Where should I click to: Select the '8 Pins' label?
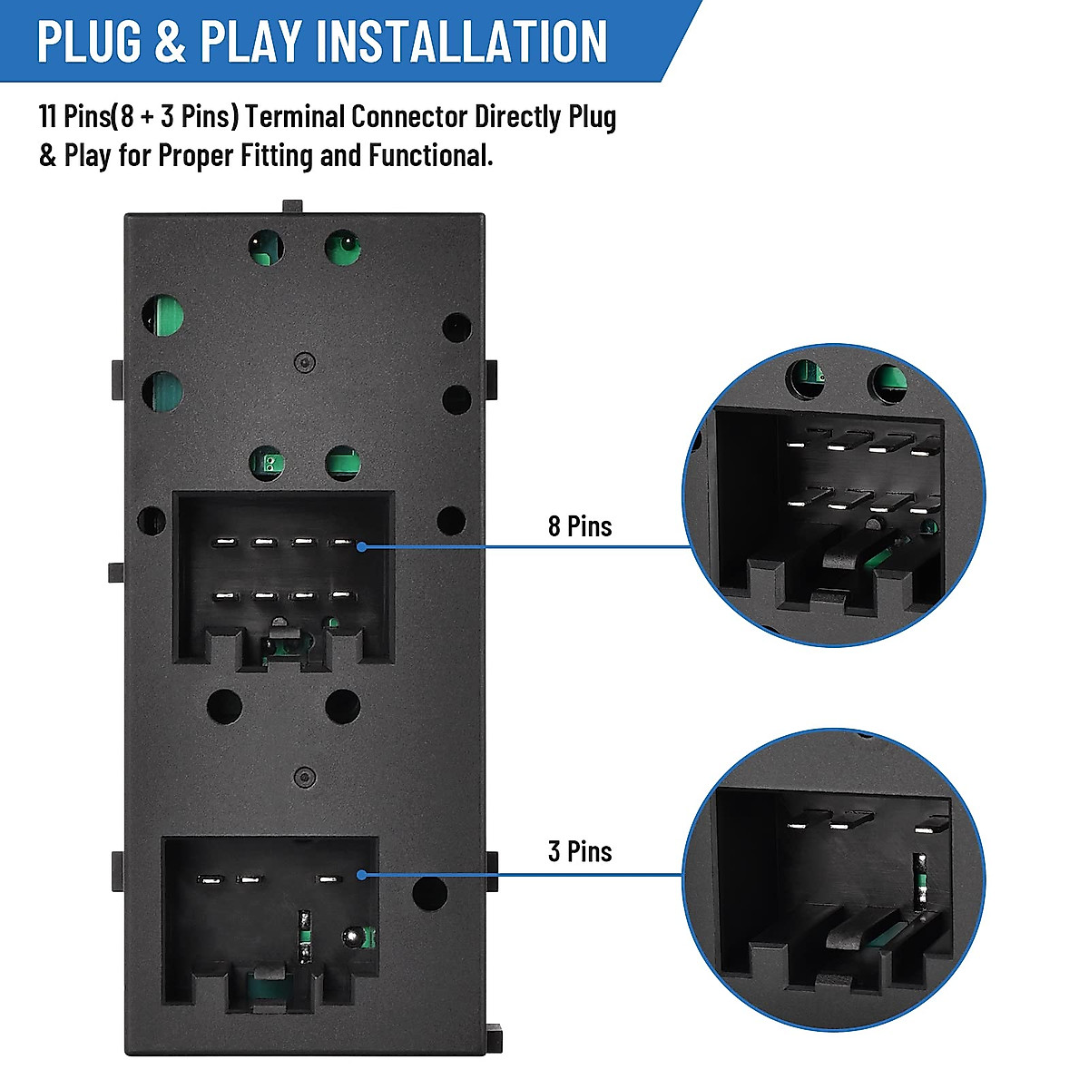580,526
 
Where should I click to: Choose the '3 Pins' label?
580,851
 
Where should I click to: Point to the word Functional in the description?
430,156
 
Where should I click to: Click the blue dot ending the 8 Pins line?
361,546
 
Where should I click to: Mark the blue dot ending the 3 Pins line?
361,875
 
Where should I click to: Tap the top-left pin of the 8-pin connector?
222,544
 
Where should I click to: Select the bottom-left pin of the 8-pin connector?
222,596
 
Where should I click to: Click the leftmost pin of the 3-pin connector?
211,879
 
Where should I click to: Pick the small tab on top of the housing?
291,207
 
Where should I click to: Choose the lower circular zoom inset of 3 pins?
833,880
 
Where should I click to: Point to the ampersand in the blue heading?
171,42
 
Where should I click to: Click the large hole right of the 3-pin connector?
429,893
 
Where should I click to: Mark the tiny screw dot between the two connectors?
306,776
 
